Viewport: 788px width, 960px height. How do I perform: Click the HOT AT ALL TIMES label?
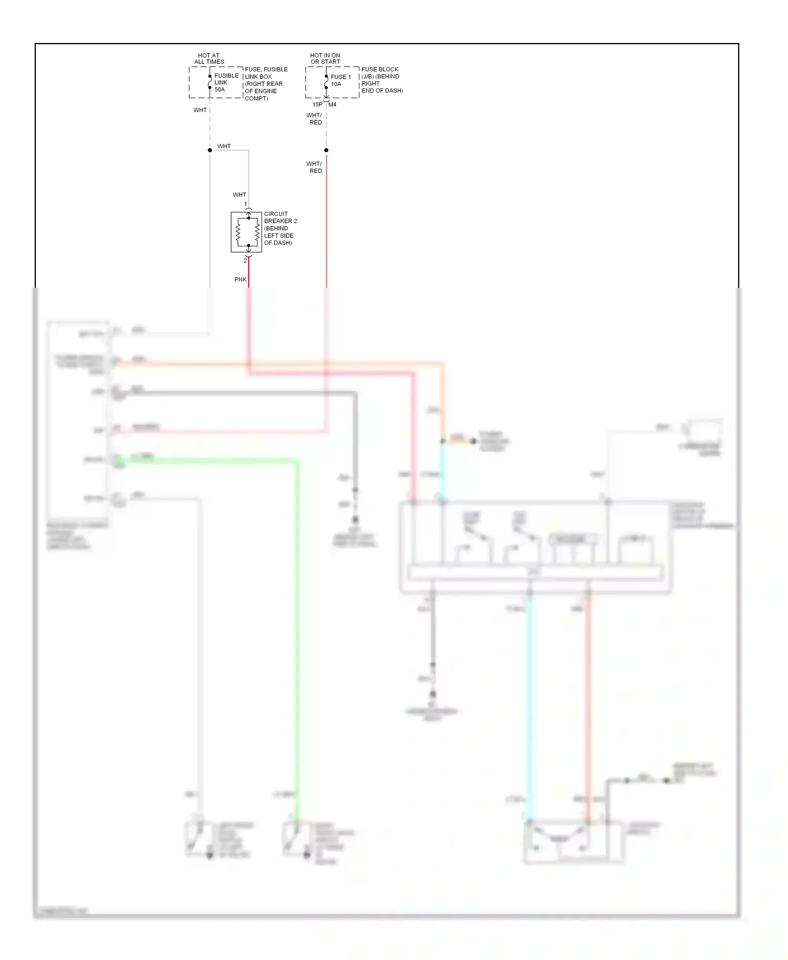click(x=209, y=58)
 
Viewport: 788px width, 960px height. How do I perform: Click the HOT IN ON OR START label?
click(x=325, y=58)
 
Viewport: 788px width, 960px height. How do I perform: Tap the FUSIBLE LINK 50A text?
click(x=226, y=82)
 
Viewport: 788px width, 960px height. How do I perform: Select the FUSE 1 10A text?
click(x=340, y=80)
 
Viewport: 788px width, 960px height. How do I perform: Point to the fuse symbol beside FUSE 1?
click(x=326, y=82)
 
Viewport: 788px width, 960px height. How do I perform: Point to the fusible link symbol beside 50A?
click(x=210, y=82)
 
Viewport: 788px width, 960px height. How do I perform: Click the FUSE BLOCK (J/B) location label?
click(x=382, y=80)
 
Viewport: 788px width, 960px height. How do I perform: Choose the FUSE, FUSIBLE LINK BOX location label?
click(x=266, y=84)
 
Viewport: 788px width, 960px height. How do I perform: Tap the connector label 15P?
click(x=317, y=105)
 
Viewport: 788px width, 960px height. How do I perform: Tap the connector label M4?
click(x=333, y=105)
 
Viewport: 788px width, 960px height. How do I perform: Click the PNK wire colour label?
click(x=240, y=279)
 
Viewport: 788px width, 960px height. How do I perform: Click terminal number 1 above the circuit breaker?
click(x=245, y=204)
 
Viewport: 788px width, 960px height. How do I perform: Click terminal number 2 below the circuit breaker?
click(x=245, y=260)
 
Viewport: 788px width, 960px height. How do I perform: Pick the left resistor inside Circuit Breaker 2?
click(x=238, y=232)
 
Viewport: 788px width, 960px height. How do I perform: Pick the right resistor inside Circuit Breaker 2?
click(x=257, y=232)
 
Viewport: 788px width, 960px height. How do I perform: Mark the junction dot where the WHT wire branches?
click(x=210, y=150)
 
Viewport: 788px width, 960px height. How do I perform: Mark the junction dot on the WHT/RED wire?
click(x=326, y=150)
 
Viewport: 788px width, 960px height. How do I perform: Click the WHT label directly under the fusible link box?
click(x=200, y=110)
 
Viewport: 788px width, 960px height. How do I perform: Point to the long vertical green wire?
click(x=296, y=630)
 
